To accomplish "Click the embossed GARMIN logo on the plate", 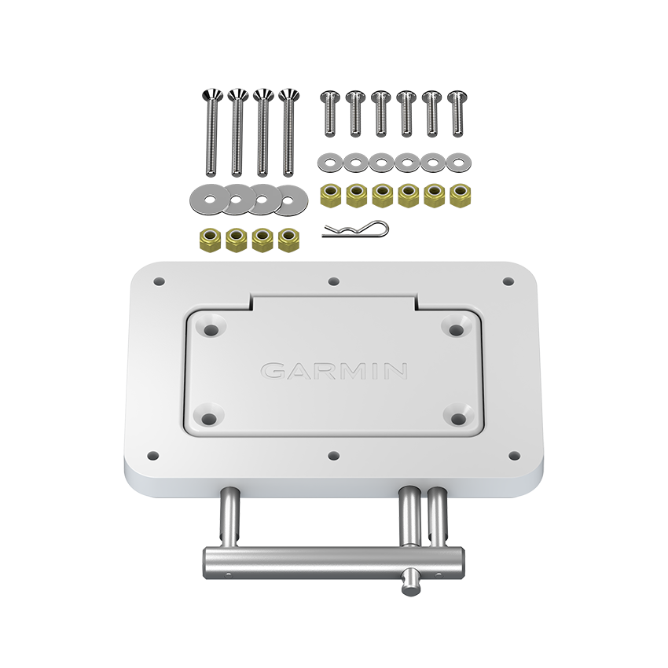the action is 333,371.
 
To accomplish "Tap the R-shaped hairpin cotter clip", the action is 355,230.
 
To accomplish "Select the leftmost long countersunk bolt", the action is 212,132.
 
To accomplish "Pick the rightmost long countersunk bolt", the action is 289,132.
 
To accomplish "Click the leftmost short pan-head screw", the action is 330,113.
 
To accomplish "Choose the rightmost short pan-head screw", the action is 457,113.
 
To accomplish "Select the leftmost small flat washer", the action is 331,163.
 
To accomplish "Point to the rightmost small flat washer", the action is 458,163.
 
